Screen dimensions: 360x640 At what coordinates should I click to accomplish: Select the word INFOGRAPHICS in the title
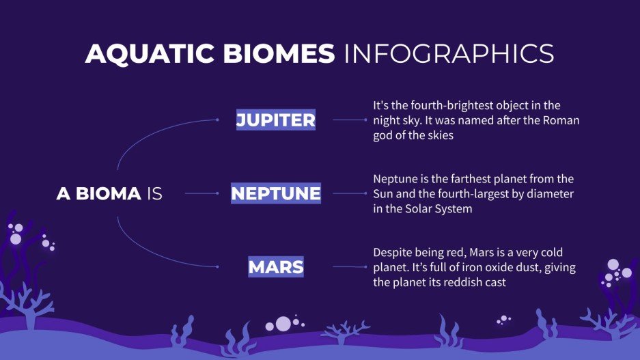pos(449,54)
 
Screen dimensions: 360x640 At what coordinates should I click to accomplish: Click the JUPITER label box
pos(276,120)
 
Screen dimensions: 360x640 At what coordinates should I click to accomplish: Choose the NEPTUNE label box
pos(276,194)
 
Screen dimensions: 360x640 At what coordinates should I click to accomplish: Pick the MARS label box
pos(276,267)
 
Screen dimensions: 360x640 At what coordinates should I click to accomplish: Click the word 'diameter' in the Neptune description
pos(551,194)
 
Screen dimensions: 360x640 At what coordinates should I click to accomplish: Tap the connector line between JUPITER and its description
pos(349,120)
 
